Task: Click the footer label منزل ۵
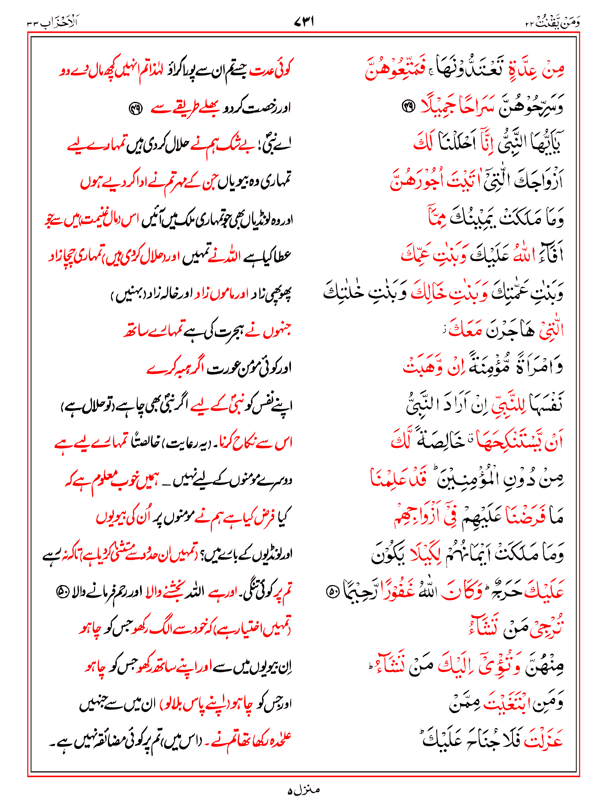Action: (303, 790)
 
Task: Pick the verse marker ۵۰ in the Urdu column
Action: (62, 591)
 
